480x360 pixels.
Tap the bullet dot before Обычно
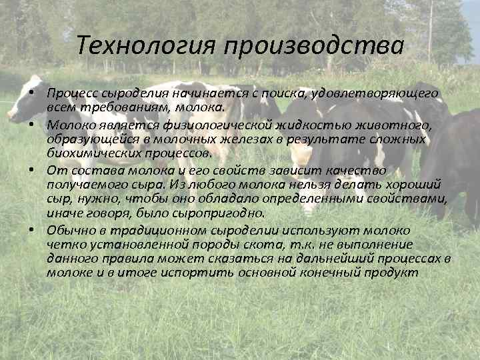click(x=32, y=230)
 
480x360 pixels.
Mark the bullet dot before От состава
click(x=32, y=170)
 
